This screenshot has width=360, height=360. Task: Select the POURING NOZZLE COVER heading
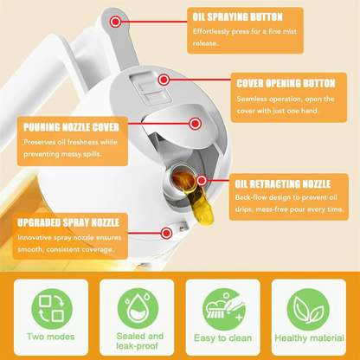pos(67,127)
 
